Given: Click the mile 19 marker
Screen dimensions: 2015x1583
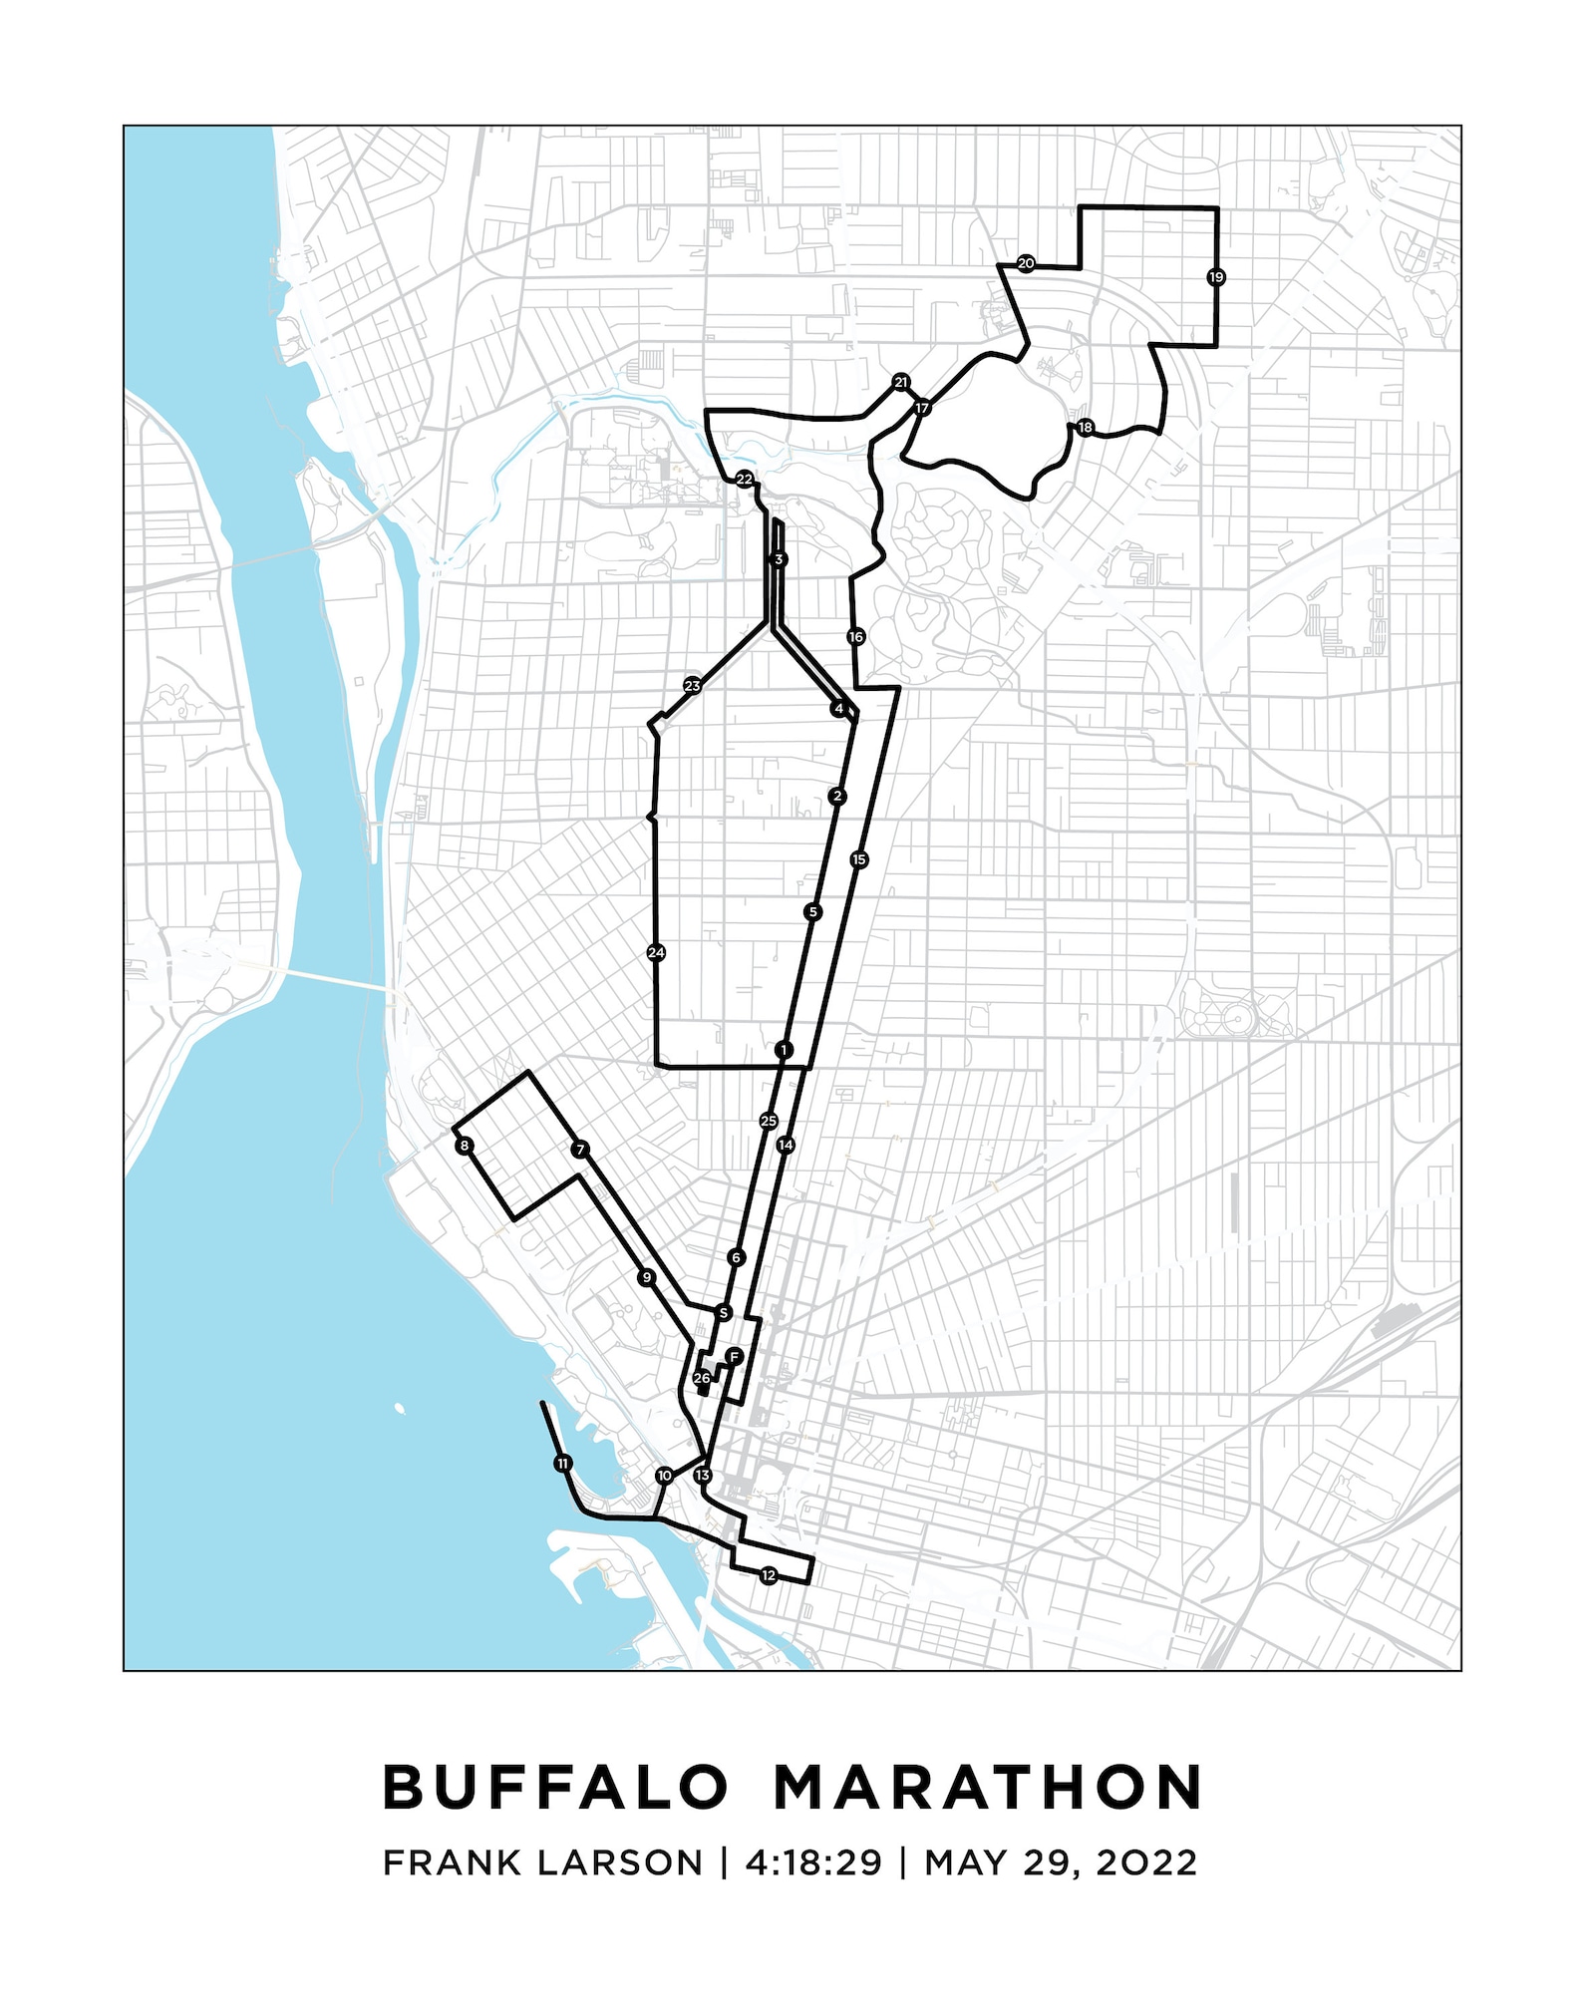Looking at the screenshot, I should pyautogui.click(x=1215, y=277).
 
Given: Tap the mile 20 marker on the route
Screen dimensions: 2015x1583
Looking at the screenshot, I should pyautogui.click(x=1025, y=263).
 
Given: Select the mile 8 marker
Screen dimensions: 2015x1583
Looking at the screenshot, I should pyautogui.click(x=464, y=1147).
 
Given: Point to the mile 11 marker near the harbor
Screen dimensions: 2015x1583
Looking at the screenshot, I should pyautogui.click(x=563, y=1464).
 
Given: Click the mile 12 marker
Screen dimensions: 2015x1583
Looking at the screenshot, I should pyautogui.click(x=768, y=1575).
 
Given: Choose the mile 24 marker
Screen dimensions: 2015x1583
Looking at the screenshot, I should pyautogui.click(x=656, y=952).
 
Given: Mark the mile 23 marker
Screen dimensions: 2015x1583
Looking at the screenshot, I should pyautogui.click(x=692, y=686).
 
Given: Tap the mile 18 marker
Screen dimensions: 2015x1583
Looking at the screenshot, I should pyautogui.click(x=1085, y=428).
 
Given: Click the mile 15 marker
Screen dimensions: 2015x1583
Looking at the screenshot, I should pyautogui.click(x=859, y=859).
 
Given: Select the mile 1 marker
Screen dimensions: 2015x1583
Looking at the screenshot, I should pyautogui.click(x=784, y=1050).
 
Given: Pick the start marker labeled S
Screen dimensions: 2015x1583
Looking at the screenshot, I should pyautogui.click(x=724, y=1313).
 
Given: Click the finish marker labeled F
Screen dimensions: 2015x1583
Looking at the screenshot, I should pyautogui.click(x=734, y=1357).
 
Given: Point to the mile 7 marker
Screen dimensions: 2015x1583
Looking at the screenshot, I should pyautogui.click(x=580, y=1150).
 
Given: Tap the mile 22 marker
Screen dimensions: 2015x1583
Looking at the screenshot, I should pyautogui.click(x=745, y=479).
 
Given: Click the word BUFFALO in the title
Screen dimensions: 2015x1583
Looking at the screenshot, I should pyautogui.click(x=556, y=1788).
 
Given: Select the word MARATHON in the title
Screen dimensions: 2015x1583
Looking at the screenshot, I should pyautogui.click(x=988, y=1788).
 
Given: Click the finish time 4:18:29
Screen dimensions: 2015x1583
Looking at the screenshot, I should pyautogui.click(x=813, y=1862).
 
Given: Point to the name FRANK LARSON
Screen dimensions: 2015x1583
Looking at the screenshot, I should pyautogui.click(x=542, y=1862).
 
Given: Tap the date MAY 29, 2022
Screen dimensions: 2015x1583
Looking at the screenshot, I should pyautogui.click(x=1061, y=1862).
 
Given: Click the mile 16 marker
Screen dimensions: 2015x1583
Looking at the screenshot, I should pyautogui.click(x=855, y=636).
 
